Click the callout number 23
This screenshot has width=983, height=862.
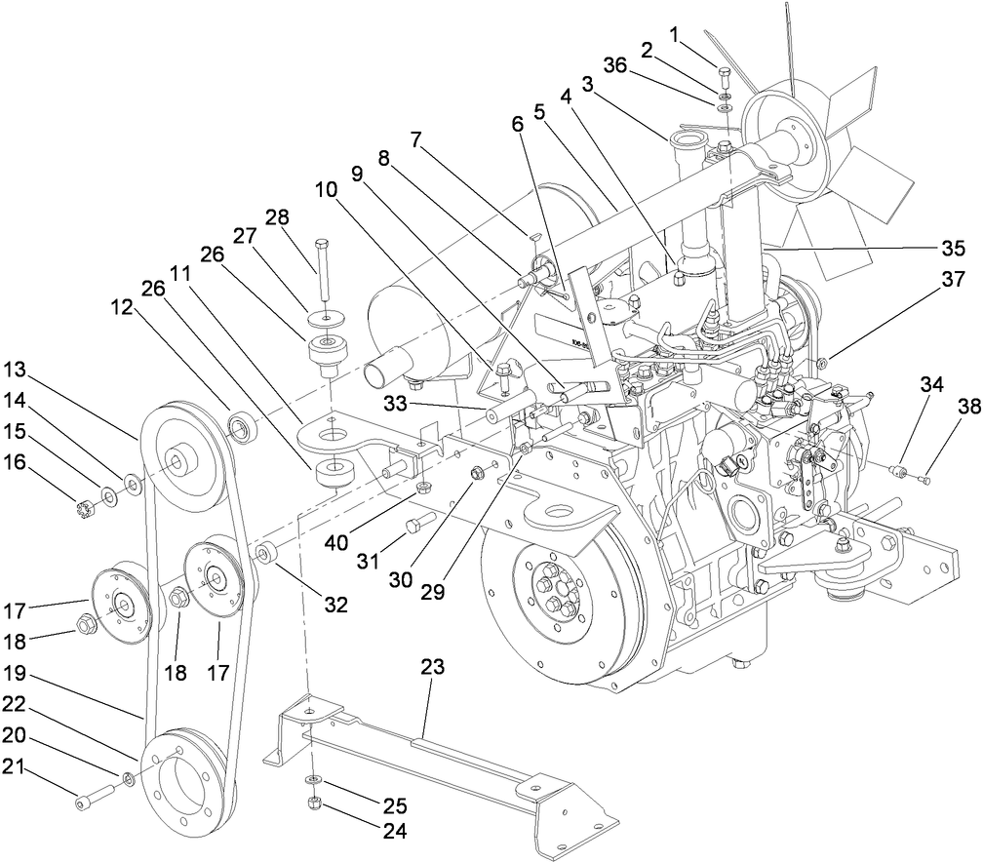(x=432, y=668)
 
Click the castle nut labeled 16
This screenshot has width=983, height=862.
(x=83, y=508)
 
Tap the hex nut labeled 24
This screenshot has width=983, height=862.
(x=315, y=803)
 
